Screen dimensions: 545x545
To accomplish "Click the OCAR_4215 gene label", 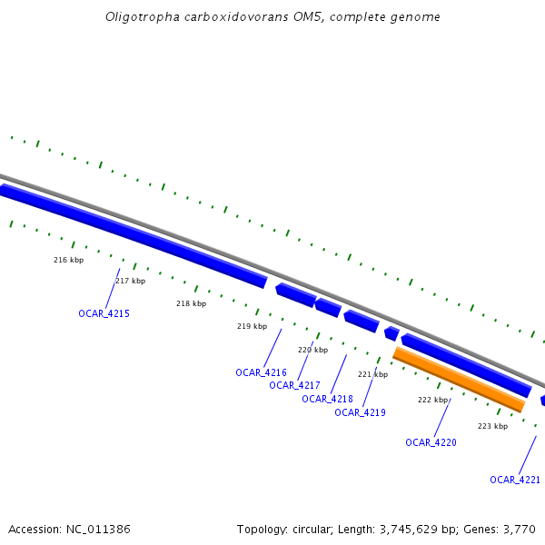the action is coord(104,313).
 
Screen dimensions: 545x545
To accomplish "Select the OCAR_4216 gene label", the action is coord(261,372).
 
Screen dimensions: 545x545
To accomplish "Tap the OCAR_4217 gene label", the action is coord(294,385).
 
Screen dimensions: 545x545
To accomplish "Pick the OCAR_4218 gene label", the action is coord(327,399).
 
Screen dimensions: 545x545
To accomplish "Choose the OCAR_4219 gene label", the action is coord(360,412).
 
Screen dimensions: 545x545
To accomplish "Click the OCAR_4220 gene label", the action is coord(431,442).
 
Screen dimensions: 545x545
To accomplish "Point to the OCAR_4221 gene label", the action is coord(515,480).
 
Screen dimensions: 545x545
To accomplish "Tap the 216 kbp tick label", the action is coord(68,260).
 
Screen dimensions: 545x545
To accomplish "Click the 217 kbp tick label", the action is coord(130,281).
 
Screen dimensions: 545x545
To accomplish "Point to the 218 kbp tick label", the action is coord(191,303).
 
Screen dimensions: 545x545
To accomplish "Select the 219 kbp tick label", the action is coord(252,326).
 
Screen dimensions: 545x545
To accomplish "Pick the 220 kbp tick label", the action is coord(312,350).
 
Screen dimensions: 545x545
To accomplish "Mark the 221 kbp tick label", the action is coord(372,374).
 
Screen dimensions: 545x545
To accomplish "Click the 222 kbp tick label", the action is coord(432,400).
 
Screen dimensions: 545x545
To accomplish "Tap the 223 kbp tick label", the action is coord(492,426).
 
